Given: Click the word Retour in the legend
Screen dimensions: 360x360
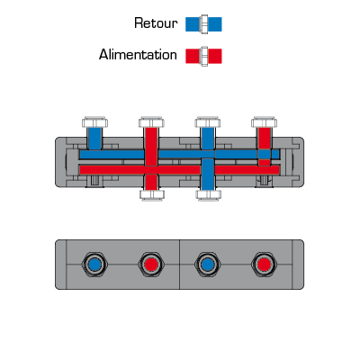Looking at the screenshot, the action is click(156, 23).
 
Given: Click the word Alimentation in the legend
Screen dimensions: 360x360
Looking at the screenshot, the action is click(138, 55).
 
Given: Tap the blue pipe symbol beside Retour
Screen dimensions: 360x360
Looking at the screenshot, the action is click(203, 24).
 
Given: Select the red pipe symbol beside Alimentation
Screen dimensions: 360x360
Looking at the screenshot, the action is click(203, 56).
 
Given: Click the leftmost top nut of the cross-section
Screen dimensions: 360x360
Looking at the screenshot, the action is click(94, 122).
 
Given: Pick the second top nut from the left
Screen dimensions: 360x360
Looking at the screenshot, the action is click(151, 122).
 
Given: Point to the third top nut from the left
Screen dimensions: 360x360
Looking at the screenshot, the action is click(208, 122).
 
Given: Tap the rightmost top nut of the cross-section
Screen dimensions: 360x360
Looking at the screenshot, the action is click(264, 122).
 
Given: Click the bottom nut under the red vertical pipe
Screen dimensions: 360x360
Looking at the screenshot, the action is click(152, 194).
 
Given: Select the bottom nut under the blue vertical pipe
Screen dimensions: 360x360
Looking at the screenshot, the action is click(208, 194).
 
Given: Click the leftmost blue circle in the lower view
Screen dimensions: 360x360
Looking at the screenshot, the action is click(94, 265).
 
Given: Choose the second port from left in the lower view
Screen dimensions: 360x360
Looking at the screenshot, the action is click(151, 265).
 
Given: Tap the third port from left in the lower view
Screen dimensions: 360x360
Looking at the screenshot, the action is click(208, 265).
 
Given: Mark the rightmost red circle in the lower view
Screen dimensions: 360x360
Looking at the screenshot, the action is click(264, 265).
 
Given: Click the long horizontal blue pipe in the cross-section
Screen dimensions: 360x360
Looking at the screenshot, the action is click(179, 155).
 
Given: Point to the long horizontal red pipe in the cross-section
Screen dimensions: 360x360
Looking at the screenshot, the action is click(179, 170).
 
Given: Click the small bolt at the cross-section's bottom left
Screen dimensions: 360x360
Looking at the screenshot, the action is click(94, 181).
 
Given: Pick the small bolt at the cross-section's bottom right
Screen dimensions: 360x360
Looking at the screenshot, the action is click(264, 181).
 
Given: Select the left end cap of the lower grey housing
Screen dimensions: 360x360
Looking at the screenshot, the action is click(60, 265).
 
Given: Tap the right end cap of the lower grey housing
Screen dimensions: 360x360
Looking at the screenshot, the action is click(298, 265).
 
